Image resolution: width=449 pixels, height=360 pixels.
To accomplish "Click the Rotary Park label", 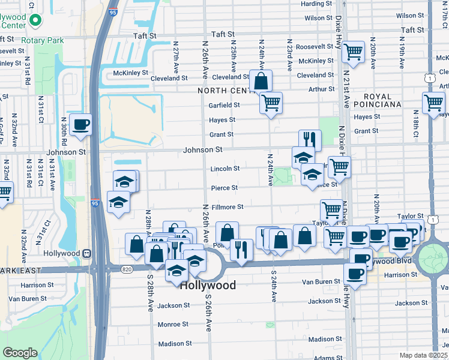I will pos(42,40).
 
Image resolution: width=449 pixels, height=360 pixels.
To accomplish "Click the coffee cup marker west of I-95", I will pos(80,125).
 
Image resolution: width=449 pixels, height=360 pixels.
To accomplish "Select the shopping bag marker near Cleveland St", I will pos(261,81).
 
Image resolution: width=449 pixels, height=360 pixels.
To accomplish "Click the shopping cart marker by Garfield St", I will pos(271,103).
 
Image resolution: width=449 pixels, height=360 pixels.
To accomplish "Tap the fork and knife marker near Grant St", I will pos(310,140).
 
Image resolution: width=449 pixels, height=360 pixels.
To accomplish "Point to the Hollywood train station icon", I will pos(88,254).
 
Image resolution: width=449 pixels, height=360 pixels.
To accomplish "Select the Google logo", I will pos(20,352).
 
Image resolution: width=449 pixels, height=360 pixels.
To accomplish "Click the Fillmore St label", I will pos(228,207).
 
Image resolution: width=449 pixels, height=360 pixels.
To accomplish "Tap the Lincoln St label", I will pos(224,169).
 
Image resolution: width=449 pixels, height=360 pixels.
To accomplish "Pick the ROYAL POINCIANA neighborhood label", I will pos(376,100).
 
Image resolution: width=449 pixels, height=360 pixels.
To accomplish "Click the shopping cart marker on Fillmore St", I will pos(331,210).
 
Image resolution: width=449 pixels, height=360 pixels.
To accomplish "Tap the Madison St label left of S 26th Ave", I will pos(175,344).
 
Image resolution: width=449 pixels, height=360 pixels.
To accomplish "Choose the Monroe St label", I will pos(173,325).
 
